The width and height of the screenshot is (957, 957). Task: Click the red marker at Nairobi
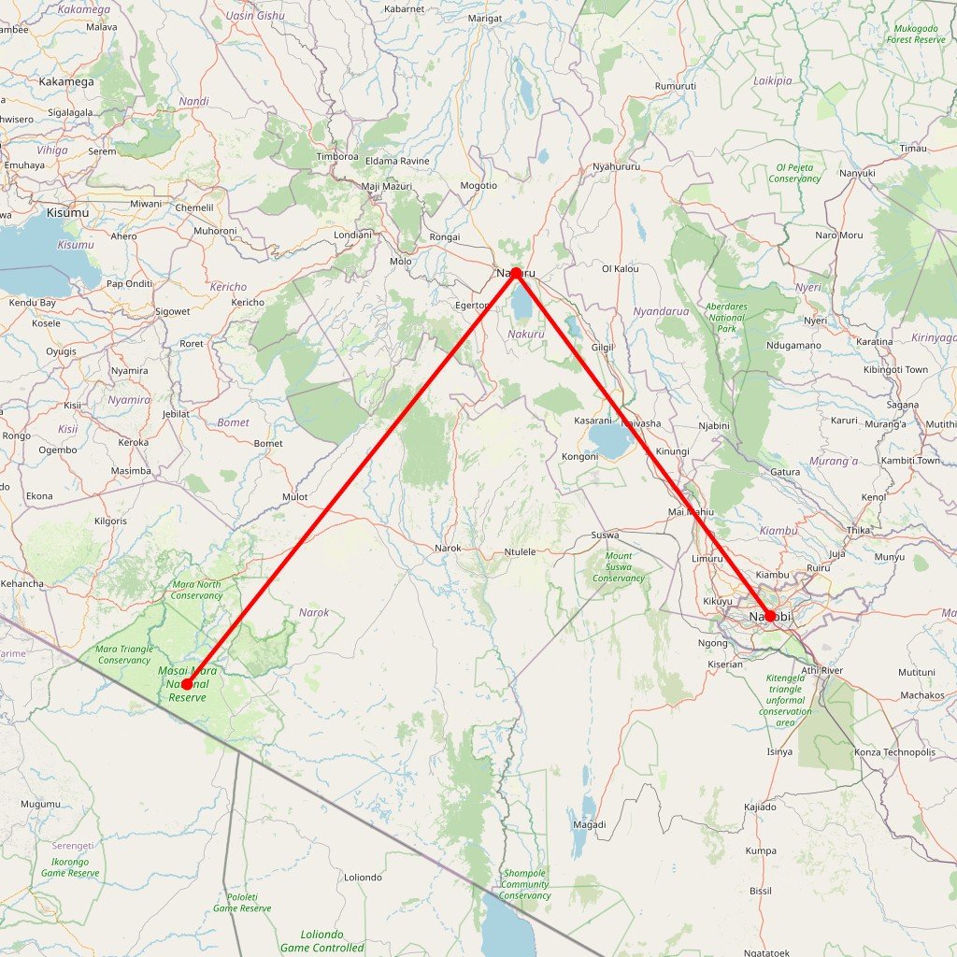pos(769,616)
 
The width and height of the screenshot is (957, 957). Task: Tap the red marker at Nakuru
pos(515,273)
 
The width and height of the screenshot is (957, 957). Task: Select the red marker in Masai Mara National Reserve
pos(187,685)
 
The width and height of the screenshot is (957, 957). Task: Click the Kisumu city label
pos(67,212)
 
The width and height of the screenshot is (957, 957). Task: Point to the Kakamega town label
pos(66,82)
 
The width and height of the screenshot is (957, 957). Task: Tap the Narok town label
pos(448,548)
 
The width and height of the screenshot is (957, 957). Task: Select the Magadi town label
pos(589,824)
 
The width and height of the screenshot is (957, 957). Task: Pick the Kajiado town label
pos(760,806)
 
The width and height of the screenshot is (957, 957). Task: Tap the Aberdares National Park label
pos(726,318)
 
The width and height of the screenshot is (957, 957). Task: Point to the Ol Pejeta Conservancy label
pos(794,173)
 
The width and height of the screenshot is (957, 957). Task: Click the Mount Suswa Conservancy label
pos(618,566)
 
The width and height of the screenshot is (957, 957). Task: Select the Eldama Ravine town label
pos(397,161)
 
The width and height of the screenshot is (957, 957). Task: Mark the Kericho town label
pos(248,302)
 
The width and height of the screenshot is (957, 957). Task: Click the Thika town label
pos(857,530)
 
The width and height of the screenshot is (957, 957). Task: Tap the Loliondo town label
pos(363,877)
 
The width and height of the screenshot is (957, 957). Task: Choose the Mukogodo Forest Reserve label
pos(916,35)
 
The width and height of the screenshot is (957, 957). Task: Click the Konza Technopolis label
pos(894,752)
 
